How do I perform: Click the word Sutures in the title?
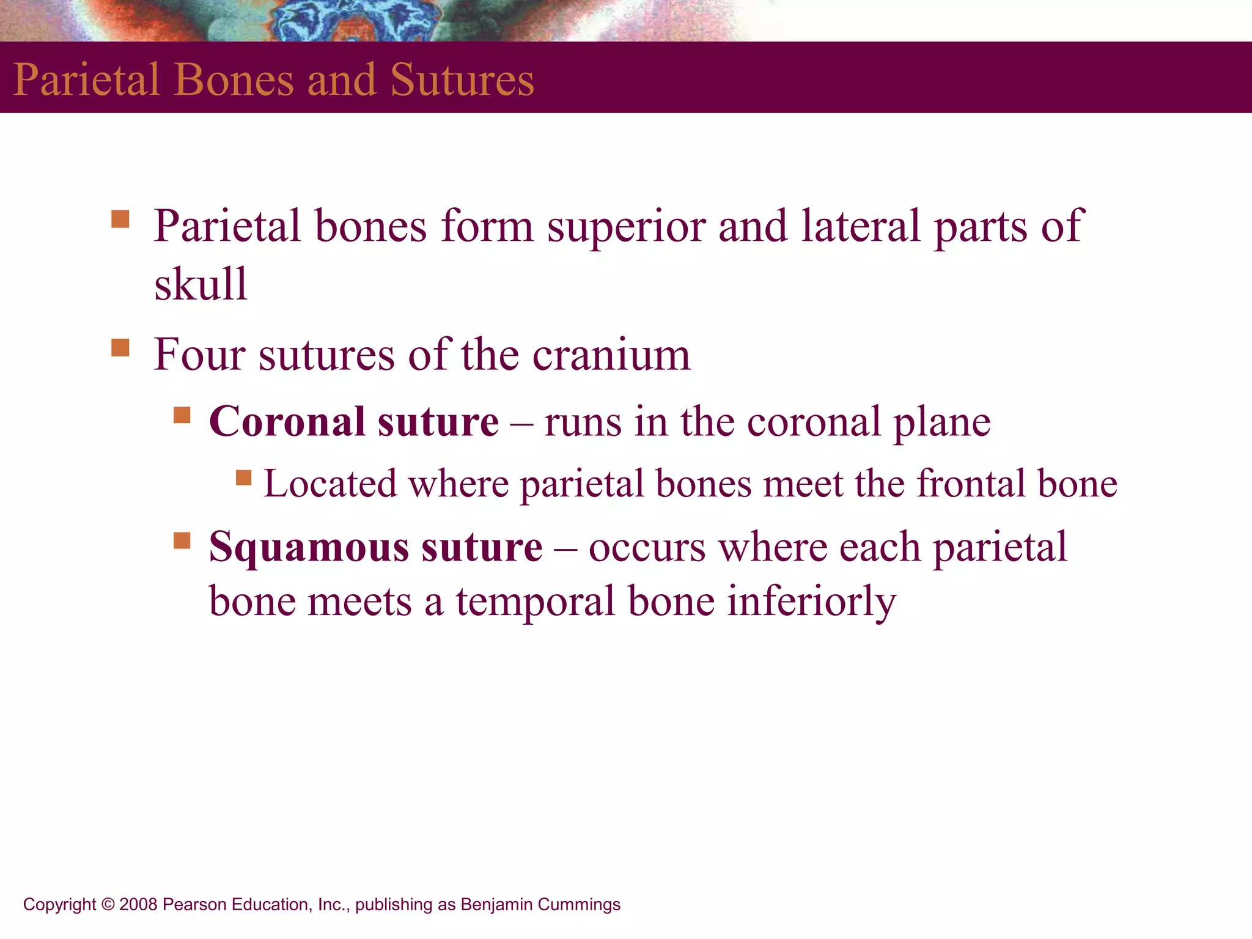[462, 80]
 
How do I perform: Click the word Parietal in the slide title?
[86, 80]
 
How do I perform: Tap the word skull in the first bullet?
[201, 284]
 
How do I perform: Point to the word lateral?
[861, 226]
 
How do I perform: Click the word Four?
[199, 355]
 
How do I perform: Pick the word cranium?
[611, 356]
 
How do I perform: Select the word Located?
[330, 484]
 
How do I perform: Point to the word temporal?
[536, 602]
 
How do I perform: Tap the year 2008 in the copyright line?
[138, 904]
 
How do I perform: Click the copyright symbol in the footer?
[108, 904]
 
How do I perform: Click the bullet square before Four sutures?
[120, 348]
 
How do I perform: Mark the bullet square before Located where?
[244, 477]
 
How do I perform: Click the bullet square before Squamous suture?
[182, 540]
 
